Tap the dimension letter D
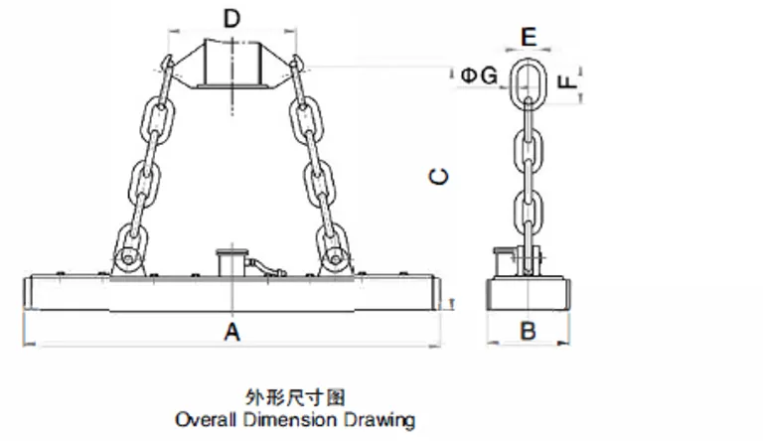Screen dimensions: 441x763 [x=231, y=18]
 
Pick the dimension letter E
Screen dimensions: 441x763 [x=529, y=38]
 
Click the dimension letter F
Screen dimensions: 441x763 [x=568, y=81]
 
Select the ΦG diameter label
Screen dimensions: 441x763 [x=479, y=75]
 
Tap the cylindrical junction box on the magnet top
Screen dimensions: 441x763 [x=229, y=263]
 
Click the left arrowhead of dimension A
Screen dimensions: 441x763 [x=25, y=344]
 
